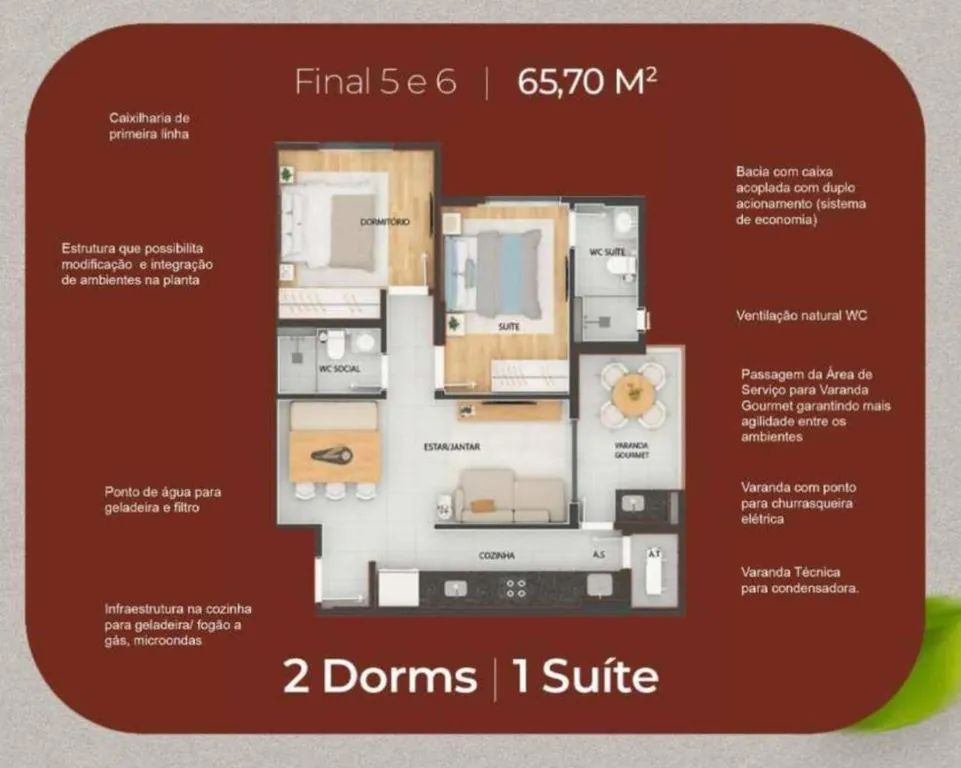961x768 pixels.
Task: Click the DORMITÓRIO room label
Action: point(385,221)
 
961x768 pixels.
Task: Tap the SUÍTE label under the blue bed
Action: point(509,327)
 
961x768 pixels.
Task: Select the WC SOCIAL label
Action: point(340,369)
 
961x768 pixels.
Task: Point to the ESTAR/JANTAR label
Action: point(452,447)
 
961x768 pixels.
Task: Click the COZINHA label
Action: point(496,556)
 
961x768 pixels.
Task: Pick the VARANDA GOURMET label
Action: point(632,451)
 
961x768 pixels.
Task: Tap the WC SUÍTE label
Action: point(607,252)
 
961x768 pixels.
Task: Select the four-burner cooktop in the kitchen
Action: point(516,588)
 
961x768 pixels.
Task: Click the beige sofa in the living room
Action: point(512,496)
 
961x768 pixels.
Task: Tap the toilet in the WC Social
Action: point(335,344)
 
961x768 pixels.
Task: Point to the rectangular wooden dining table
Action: point(335,456)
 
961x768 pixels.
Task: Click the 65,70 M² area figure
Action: point(587,82)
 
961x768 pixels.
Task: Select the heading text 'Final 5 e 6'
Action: point(376,82)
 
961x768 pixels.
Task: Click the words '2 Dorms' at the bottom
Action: point(380,677)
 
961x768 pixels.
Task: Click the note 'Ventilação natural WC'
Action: point(802,316)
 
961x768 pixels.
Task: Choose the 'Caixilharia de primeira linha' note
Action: point(150,126)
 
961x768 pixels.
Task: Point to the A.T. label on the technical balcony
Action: point(654,554)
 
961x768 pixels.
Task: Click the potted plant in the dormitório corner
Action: point(286,175)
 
